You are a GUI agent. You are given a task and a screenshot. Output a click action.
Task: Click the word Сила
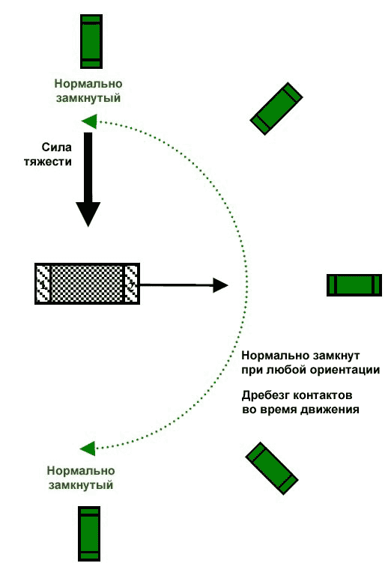coord(56,147)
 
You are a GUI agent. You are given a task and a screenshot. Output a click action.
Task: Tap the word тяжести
coord(48,162)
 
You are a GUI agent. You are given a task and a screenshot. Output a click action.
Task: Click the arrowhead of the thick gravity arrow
coord(88,214)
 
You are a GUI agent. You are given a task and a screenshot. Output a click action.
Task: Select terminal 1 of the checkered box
coord(43,284)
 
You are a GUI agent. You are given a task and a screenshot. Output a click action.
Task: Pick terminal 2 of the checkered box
coord(131,284)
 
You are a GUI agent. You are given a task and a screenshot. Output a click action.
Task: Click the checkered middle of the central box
coord(87,284)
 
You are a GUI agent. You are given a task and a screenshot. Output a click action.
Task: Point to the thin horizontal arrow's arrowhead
coord(220,285)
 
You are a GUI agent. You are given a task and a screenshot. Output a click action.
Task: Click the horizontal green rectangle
coord(354,285)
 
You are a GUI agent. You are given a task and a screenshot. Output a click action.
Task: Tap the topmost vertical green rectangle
coord(91,42)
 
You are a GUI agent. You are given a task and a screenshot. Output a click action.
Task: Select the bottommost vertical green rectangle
coord(89,534)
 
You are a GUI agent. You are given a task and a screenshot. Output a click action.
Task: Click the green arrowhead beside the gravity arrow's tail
coord(89,121)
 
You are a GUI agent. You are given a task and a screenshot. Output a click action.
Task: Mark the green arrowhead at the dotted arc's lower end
coord(88,448)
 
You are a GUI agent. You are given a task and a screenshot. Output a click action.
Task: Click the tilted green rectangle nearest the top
coord(276,109)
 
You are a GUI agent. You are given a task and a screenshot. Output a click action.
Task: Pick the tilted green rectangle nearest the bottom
coord(272,469)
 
